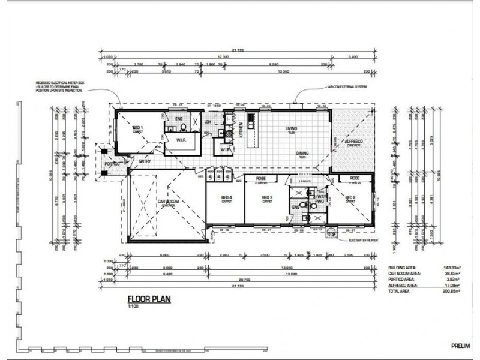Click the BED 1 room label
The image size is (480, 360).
coord(137,128)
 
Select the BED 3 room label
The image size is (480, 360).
coord(267,197)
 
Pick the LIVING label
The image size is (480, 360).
coord(292,128)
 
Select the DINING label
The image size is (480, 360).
coord(302,154)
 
